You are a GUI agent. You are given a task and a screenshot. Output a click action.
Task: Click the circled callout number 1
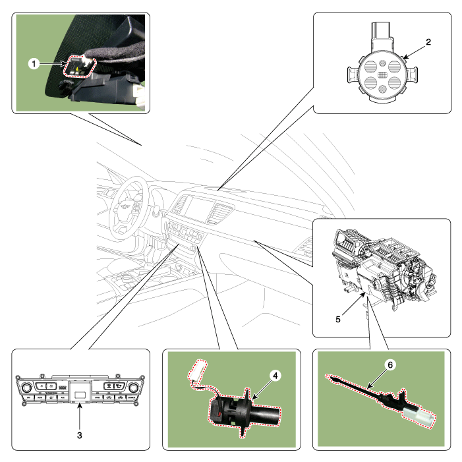(x=34, y=64)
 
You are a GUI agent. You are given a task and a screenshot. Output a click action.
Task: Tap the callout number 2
(x=428, y=42)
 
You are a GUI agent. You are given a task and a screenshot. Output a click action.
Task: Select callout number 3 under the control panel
(x=80, y=435)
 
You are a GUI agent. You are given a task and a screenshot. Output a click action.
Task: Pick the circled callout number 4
(x=275, y=376)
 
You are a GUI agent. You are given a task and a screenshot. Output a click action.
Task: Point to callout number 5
(x=338, y=320)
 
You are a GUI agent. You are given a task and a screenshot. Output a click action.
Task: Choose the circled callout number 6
(x=390, y=365)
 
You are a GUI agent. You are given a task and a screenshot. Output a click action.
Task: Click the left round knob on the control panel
(x=26, y=388)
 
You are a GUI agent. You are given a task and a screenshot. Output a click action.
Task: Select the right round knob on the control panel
(x=134, y=388)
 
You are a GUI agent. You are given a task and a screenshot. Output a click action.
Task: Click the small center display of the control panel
(x=80, y=394)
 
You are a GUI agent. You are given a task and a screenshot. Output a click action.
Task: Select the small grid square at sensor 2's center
(x=382, y=75)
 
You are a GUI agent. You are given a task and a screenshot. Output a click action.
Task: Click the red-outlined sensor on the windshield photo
(x=80, y=67)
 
